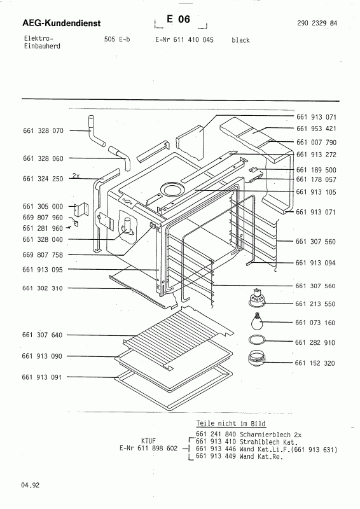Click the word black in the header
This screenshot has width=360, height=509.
(240, 40)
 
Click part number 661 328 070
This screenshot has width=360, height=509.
(43, 130)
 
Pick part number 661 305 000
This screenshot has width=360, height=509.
(43, 207)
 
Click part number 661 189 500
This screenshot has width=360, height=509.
(316, 170)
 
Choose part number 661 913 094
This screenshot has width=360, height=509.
(316, 262)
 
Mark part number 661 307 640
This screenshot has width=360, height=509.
(43, 335)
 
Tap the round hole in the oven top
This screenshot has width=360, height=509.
(172, 189)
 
